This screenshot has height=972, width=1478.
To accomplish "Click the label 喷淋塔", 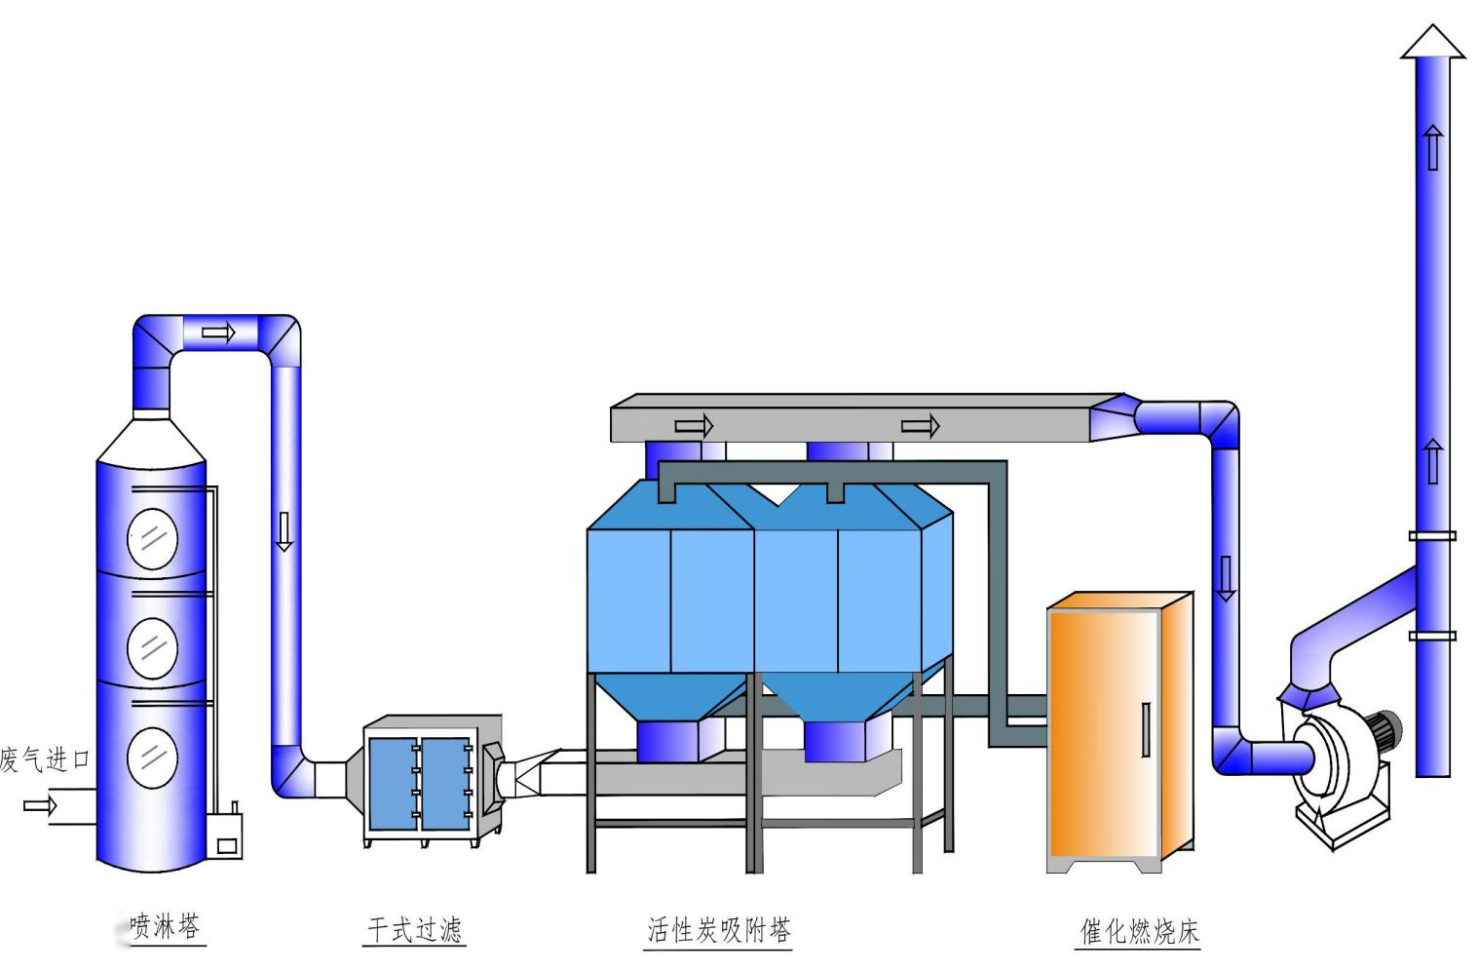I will tap(166, 926).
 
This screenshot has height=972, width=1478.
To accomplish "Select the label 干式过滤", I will tap(414, 929).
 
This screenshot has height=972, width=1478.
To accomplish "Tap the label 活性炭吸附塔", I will tap(719, 930).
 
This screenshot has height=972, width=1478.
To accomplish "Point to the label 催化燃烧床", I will tap(1139, 931).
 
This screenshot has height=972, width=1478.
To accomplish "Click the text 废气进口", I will tap(46, 759).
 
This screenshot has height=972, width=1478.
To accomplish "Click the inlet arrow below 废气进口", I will tap(40, 805).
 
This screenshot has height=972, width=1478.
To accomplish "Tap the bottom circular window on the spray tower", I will tap(153, 757).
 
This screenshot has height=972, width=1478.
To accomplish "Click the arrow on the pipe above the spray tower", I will tap(218, 333).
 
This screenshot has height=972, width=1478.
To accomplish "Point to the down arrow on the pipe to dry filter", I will tap(284, 531).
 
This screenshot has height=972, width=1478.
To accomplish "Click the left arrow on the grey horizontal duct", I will tap(694, 426).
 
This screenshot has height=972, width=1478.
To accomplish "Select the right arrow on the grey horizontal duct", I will tap(920, 426).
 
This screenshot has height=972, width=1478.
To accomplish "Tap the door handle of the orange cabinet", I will tap(1146, 730).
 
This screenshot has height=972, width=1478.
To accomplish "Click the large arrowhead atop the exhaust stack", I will tap(1432, 42).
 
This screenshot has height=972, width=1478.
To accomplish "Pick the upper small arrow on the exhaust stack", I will tap(1432, 147).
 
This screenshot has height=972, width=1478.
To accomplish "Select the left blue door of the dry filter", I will tap(393, 784).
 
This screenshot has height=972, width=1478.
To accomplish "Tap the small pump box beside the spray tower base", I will tap(225, 836).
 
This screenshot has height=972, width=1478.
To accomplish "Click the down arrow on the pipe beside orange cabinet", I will tap(1226, 578).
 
